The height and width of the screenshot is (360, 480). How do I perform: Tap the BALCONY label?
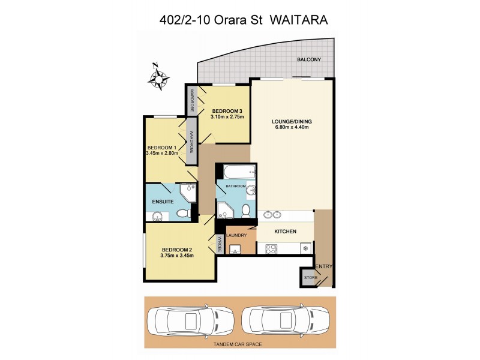(x=310, y=59)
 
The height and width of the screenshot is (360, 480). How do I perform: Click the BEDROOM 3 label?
(x=226, y=110)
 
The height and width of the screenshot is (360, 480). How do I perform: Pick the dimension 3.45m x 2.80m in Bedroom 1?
(x=162, y=154)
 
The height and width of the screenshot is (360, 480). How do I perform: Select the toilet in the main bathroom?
(x=245, y=211)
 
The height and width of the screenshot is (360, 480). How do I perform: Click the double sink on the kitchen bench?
(x=271, y=214)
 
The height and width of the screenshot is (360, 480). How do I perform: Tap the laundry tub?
(x=236, y=250)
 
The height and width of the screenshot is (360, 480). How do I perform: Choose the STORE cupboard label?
(x=310, y=278)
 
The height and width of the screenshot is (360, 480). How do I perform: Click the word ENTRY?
(x=324, y=266)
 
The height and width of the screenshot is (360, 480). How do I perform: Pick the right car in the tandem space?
(x=286, y=322)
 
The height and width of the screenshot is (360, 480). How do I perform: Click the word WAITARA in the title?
(x=298, y=19)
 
